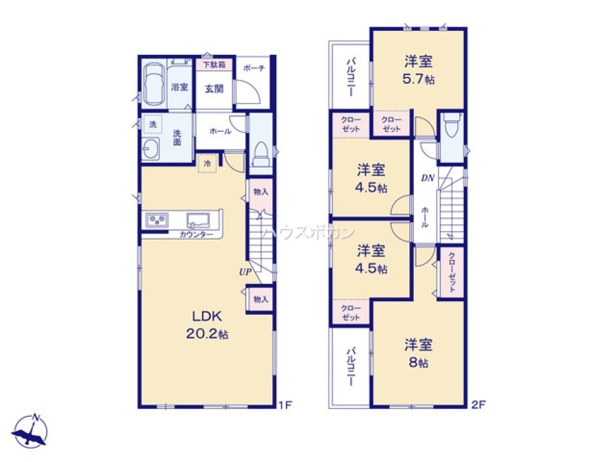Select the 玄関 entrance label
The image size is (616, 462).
214,88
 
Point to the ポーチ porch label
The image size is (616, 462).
253,68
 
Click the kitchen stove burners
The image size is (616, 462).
157,219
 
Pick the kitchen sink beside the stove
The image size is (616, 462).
199,219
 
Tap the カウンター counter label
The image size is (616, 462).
197,235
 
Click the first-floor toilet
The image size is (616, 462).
261,153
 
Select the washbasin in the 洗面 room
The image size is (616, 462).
150,148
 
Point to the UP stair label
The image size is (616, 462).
245,270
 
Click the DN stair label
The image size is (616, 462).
428,179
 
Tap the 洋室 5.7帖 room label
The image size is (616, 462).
418,70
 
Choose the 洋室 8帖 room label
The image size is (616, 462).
418,352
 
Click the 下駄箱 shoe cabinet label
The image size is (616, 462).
214,63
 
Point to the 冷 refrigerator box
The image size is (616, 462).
207,164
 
